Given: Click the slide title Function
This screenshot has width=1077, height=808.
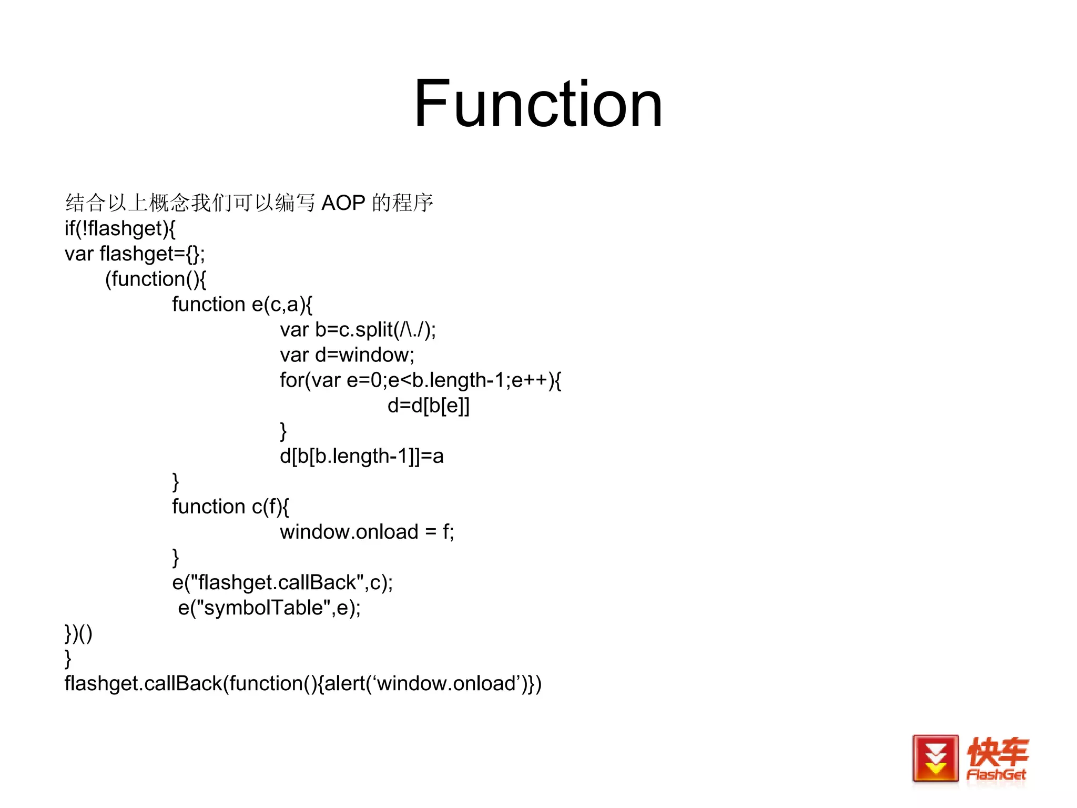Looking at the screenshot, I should [538, 104].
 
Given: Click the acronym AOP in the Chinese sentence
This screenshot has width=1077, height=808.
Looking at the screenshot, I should [343, 203].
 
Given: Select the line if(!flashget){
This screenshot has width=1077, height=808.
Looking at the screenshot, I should [120, 228].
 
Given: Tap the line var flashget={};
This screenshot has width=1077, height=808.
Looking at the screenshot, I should [135, 254].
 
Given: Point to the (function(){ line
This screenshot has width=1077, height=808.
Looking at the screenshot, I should [156, 279].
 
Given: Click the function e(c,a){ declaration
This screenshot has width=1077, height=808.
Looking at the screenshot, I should [242, 304].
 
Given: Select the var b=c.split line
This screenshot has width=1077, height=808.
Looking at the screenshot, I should [358, 330].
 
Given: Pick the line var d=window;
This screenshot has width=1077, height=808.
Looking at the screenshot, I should [347, 355].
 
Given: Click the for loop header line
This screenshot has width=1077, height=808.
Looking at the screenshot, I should [420, 380].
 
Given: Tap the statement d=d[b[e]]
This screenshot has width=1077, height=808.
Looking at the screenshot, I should [428, 406].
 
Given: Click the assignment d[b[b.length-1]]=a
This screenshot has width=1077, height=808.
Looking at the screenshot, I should [361, 456].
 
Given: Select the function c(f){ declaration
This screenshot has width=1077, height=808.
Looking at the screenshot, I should [230, 507].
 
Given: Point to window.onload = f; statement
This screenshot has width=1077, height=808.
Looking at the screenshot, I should [367, 532].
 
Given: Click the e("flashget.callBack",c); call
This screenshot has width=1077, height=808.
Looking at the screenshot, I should [282, 582].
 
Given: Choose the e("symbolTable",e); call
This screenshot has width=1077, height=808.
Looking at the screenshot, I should [269, 608].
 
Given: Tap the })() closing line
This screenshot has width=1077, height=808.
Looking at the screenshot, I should [78, 633].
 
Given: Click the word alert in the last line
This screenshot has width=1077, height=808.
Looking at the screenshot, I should [348, 684].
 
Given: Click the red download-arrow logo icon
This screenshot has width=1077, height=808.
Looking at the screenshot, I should [935, 758].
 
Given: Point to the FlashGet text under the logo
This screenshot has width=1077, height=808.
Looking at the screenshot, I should [996, 775].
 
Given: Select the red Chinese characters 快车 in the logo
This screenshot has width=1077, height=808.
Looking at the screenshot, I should [997, 751].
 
